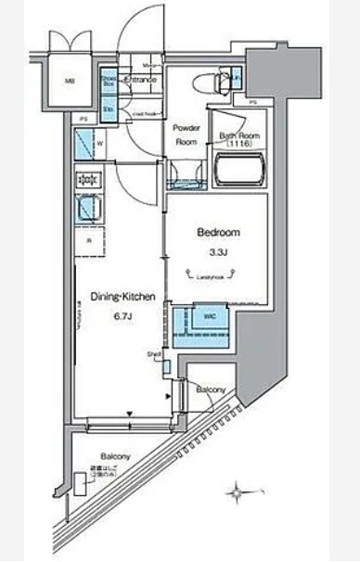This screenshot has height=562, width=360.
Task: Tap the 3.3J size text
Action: pyautogui.click(x=217, y=251)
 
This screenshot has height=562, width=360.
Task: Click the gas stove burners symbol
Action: pyautogui.click(x=89, y=180)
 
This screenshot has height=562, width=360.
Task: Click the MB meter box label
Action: pyautogui.click(x=68, y=82)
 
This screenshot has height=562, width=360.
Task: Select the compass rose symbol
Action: pyautogui.click(x=243, y=489)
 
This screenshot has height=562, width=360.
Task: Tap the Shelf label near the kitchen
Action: pyautogui.click(x=153, y=354)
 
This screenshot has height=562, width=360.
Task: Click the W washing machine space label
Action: pyautogui.click(x=99, y=142)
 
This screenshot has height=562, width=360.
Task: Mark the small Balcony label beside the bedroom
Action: pyautogui.click(x=212, y=390)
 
